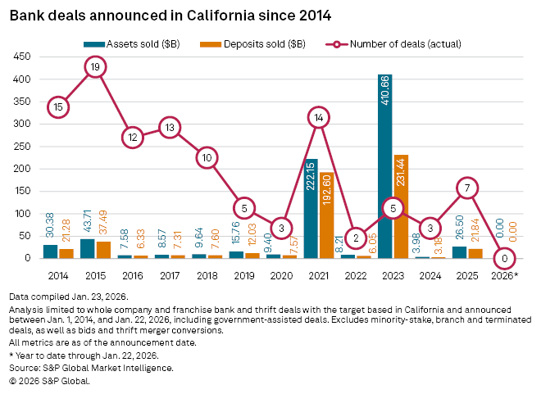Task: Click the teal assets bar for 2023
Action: click(x=385, y=166)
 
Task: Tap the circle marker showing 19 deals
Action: click(x=95, y=67)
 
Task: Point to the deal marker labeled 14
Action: click(x=318, y=118)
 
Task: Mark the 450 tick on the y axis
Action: click(x=23, y=57)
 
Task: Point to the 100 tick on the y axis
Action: click(x=23, y=214)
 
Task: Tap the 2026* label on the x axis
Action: click(x=506, y=276)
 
